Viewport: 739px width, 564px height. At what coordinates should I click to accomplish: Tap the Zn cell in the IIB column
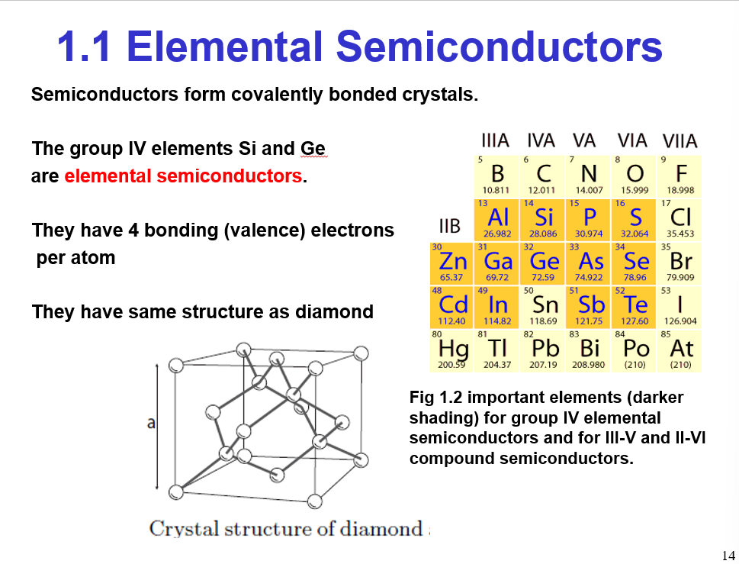tap(453, 263)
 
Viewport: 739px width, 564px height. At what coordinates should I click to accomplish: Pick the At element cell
tap(680, 351)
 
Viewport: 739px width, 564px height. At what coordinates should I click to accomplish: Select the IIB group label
tap(450, 226)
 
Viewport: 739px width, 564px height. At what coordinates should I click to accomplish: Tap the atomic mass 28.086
tap(543, 234)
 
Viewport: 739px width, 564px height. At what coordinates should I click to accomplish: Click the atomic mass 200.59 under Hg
tap(451, 365)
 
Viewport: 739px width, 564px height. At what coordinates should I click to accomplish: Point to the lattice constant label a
tap(151, 424)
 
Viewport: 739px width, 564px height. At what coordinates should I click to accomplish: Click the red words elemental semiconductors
tap(183, 176)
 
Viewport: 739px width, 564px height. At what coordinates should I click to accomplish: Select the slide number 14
tap(728, 555)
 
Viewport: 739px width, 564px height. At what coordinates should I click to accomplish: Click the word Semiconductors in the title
tap(499, 47)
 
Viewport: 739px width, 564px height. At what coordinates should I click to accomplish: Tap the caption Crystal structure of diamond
tap(286, 529)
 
